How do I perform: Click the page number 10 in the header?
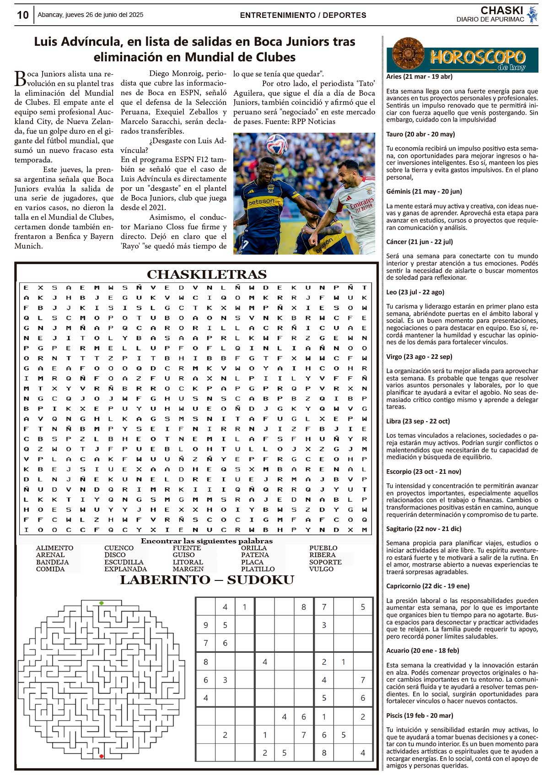tap(22, 15)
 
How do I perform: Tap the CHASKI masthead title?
tap(501, 10)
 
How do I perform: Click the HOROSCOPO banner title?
tap(478, 57)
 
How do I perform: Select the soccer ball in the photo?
tap(276, 144)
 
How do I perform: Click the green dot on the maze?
tap(102, 603)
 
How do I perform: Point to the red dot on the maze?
tap(102, 756)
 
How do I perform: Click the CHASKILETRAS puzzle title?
tap(206, 274)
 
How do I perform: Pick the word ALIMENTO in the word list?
tap(54, 548)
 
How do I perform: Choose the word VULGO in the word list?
tap(321, 569)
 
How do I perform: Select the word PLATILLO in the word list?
tap(258, 569)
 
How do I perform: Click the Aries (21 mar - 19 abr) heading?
tap(419, 76)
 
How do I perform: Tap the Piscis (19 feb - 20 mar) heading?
tap(420, 715)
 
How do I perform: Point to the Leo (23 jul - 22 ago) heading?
tap(415, 292)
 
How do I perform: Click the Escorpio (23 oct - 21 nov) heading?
tap(424, 472)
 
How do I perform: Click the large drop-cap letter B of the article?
tap(20, 78)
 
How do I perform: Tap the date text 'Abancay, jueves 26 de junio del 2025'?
tap(90, 15)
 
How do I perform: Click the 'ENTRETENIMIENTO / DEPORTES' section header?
tap(303, 15)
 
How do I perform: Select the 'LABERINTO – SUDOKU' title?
tap(207, 580)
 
